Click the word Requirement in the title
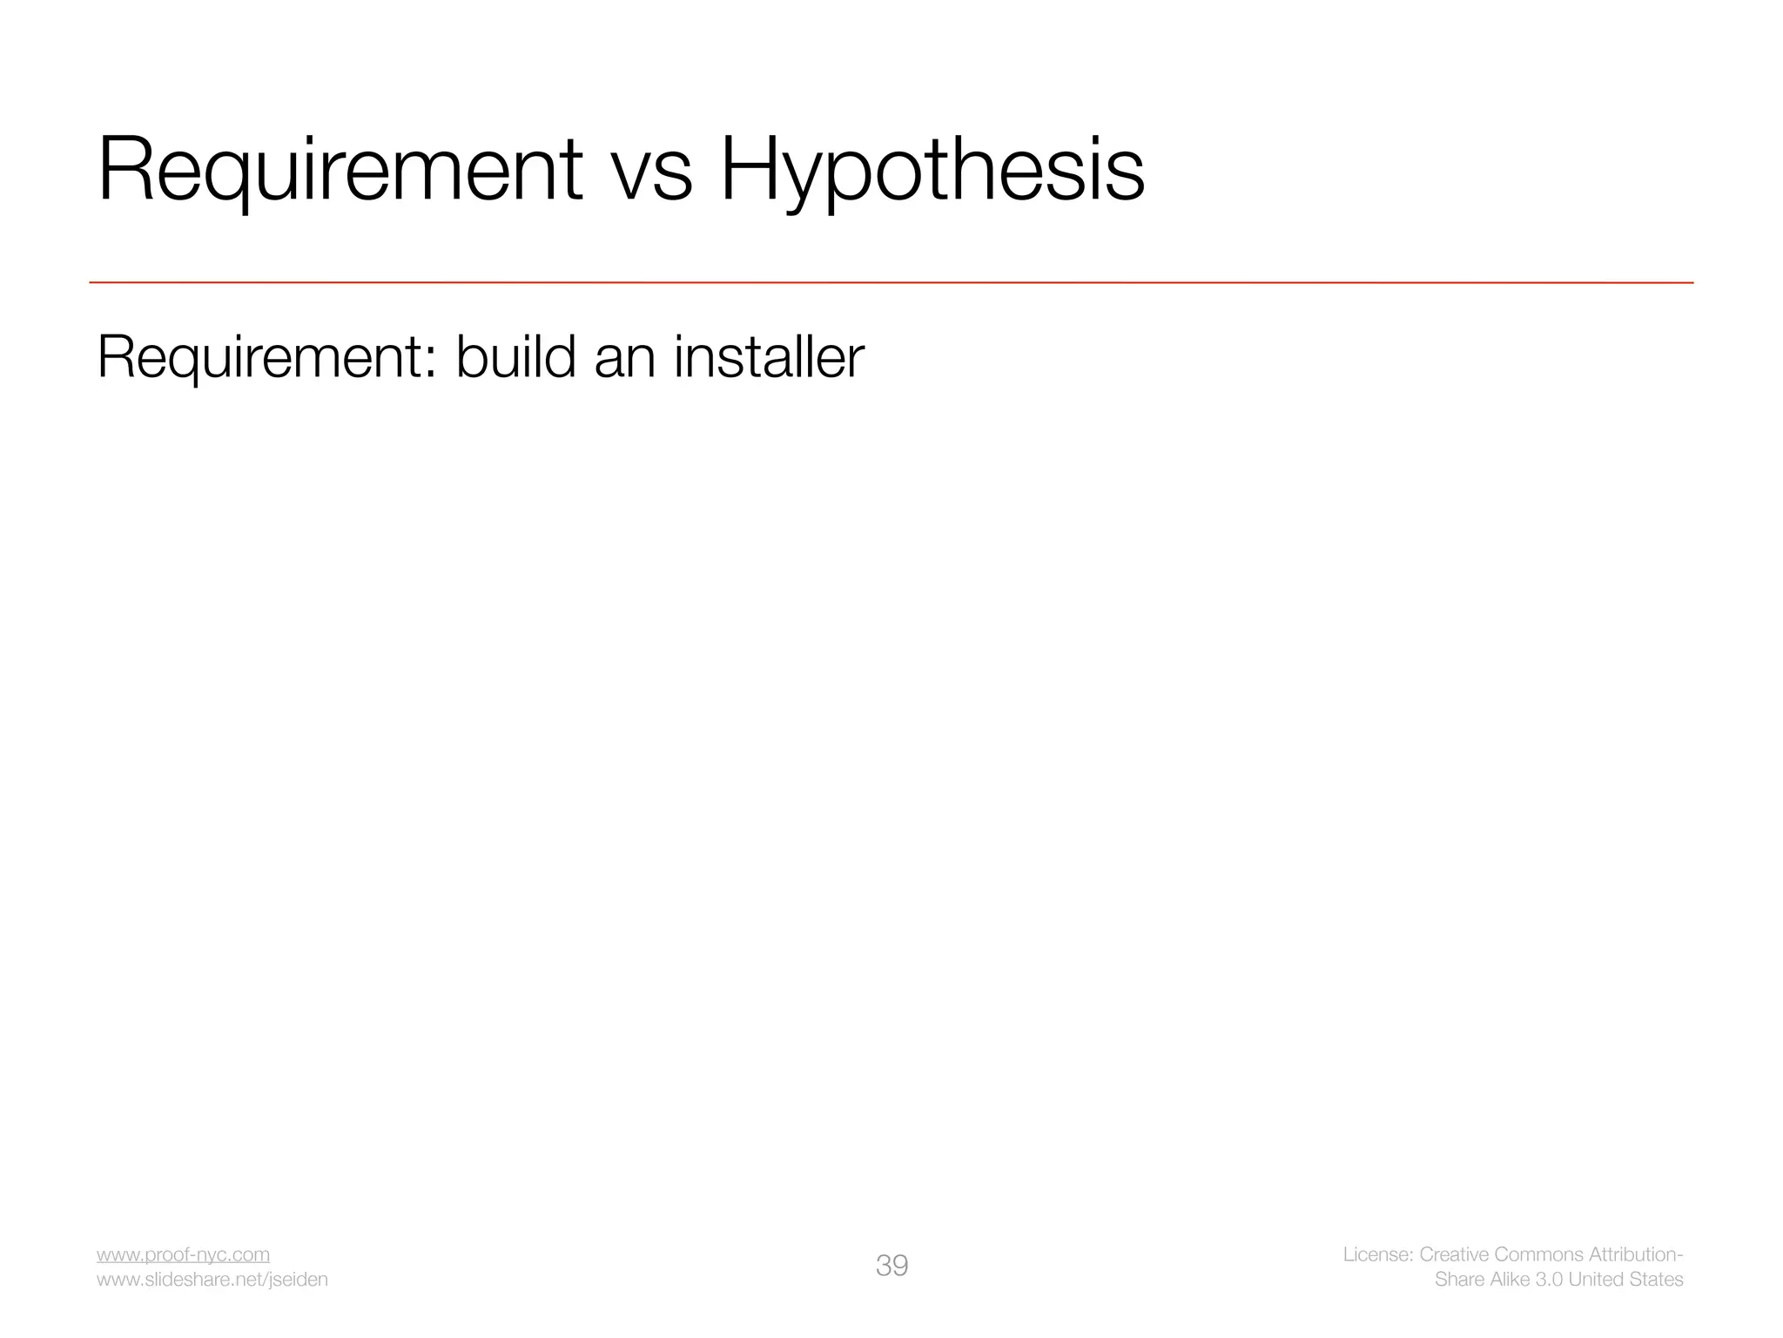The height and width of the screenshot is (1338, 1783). point(340,170)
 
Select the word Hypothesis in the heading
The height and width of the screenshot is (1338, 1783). point(932,170)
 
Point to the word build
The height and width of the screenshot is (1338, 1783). point(515,356)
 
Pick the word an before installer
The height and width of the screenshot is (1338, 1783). point(624,358)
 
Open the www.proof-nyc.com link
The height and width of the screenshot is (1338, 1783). point(183,1254)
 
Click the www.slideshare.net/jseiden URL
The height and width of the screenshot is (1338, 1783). point(212,1280)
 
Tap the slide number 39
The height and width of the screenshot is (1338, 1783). point(891,1266)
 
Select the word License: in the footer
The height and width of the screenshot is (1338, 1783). point(1377,1254)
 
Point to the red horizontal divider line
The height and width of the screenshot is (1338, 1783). point(891,282)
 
